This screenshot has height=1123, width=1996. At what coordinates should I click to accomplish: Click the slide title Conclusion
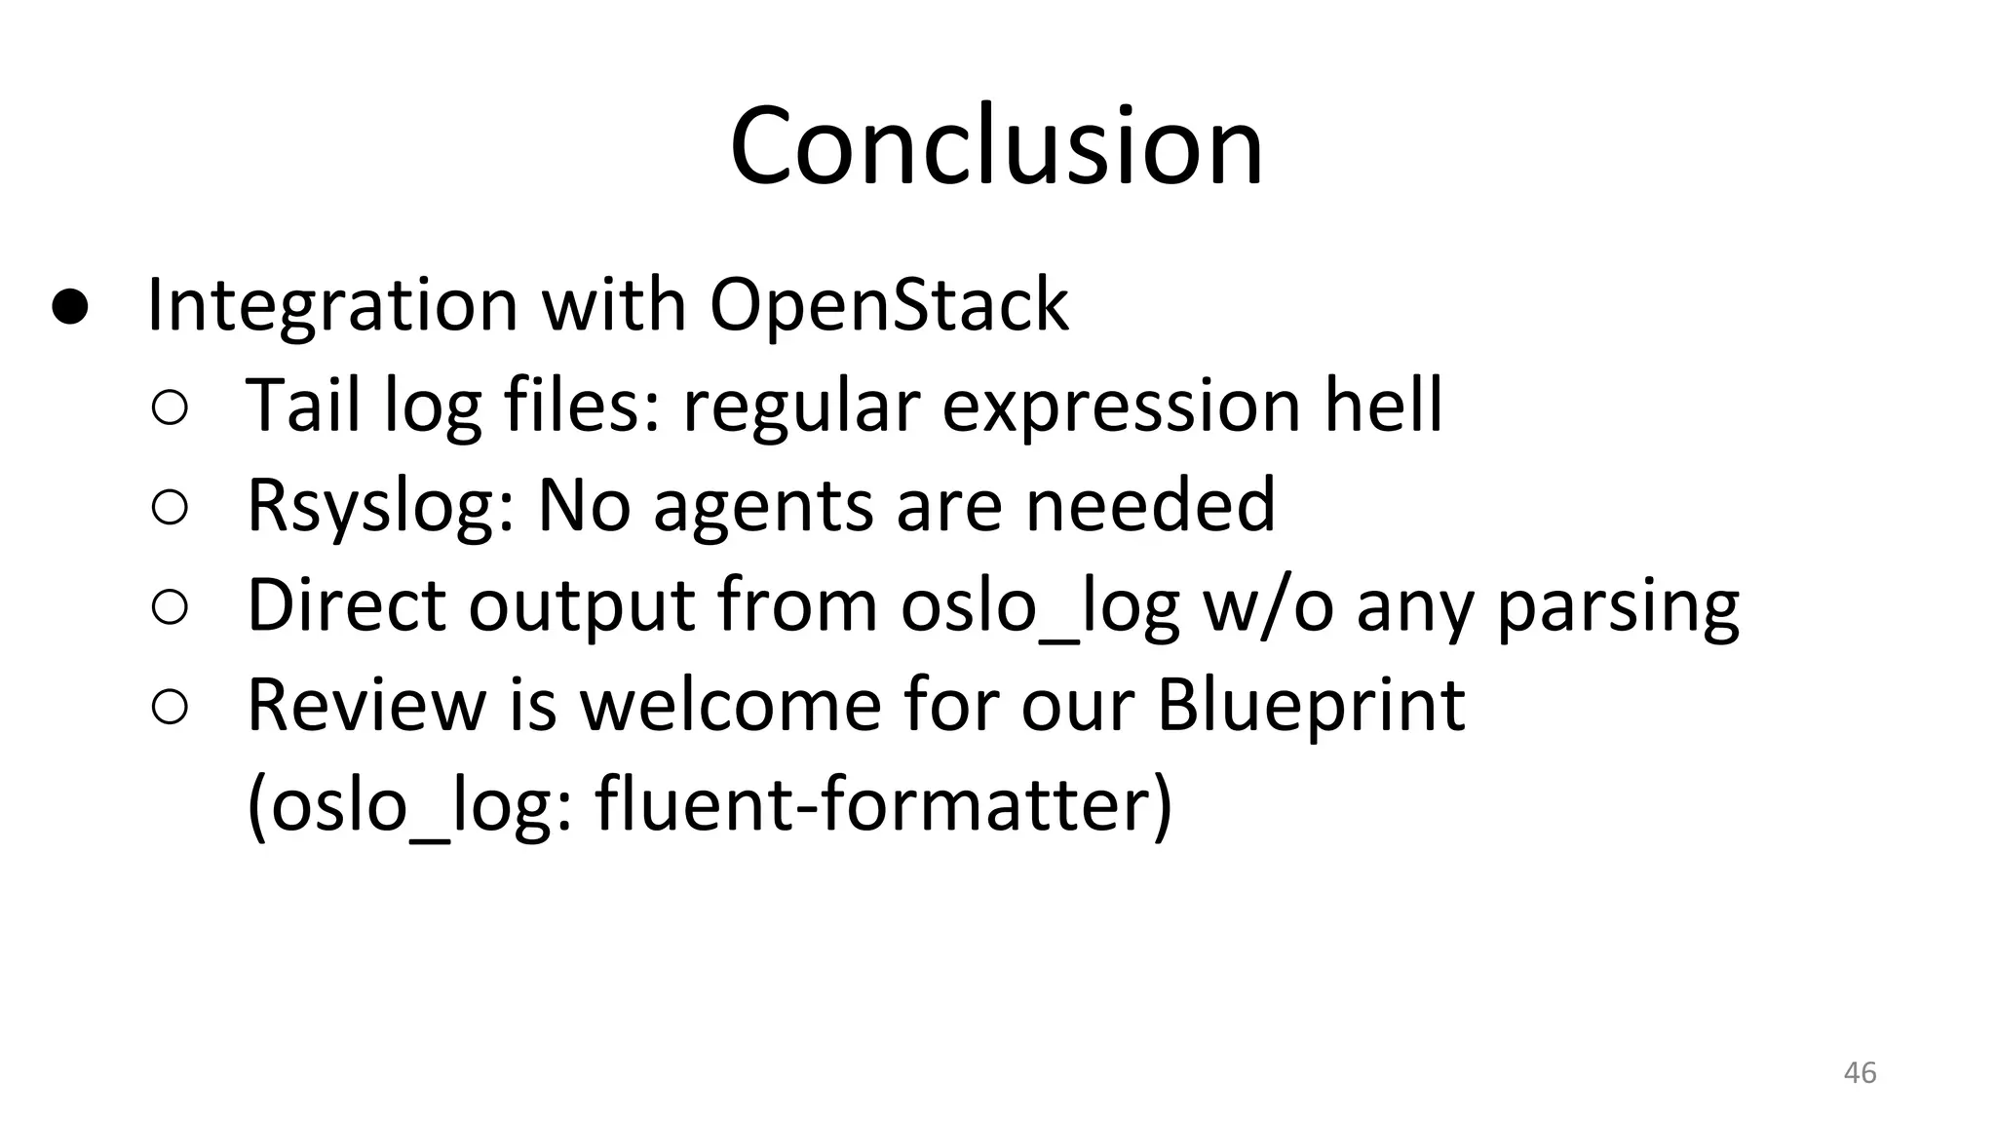pyautogui.click(x=996, y=146)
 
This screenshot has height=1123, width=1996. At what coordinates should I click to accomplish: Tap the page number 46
pyautogui.click(x=1860, y=1072)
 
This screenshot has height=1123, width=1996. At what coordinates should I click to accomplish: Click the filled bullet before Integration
pyautogui.click(x=70, y=307)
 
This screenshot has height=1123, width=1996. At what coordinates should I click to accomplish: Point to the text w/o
pyautogui.click(x=1268, y=606)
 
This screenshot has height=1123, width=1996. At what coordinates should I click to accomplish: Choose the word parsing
pyautogui.click(x=1617, y=609)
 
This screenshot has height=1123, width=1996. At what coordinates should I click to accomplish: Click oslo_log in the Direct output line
pyautogui.click(x=1039, y=609)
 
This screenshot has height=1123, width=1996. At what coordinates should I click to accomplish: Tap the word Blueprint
pyautogui.click(x=1310, y=706)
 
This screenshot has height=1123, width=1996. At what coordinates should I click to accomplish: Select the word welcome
pyautogui.click(x=730, y=704)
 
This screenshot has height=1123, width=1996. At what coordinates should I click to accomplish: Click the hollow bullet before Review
pyautogui.click(x=170, y=709)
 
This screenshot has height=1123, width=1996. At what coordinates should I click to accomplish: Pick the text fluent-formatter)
pyautogui.click(x=883, y=805)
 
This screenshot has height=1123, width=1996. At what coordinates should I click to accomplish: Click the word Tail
pyautogui.click(x=303, y=406)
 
